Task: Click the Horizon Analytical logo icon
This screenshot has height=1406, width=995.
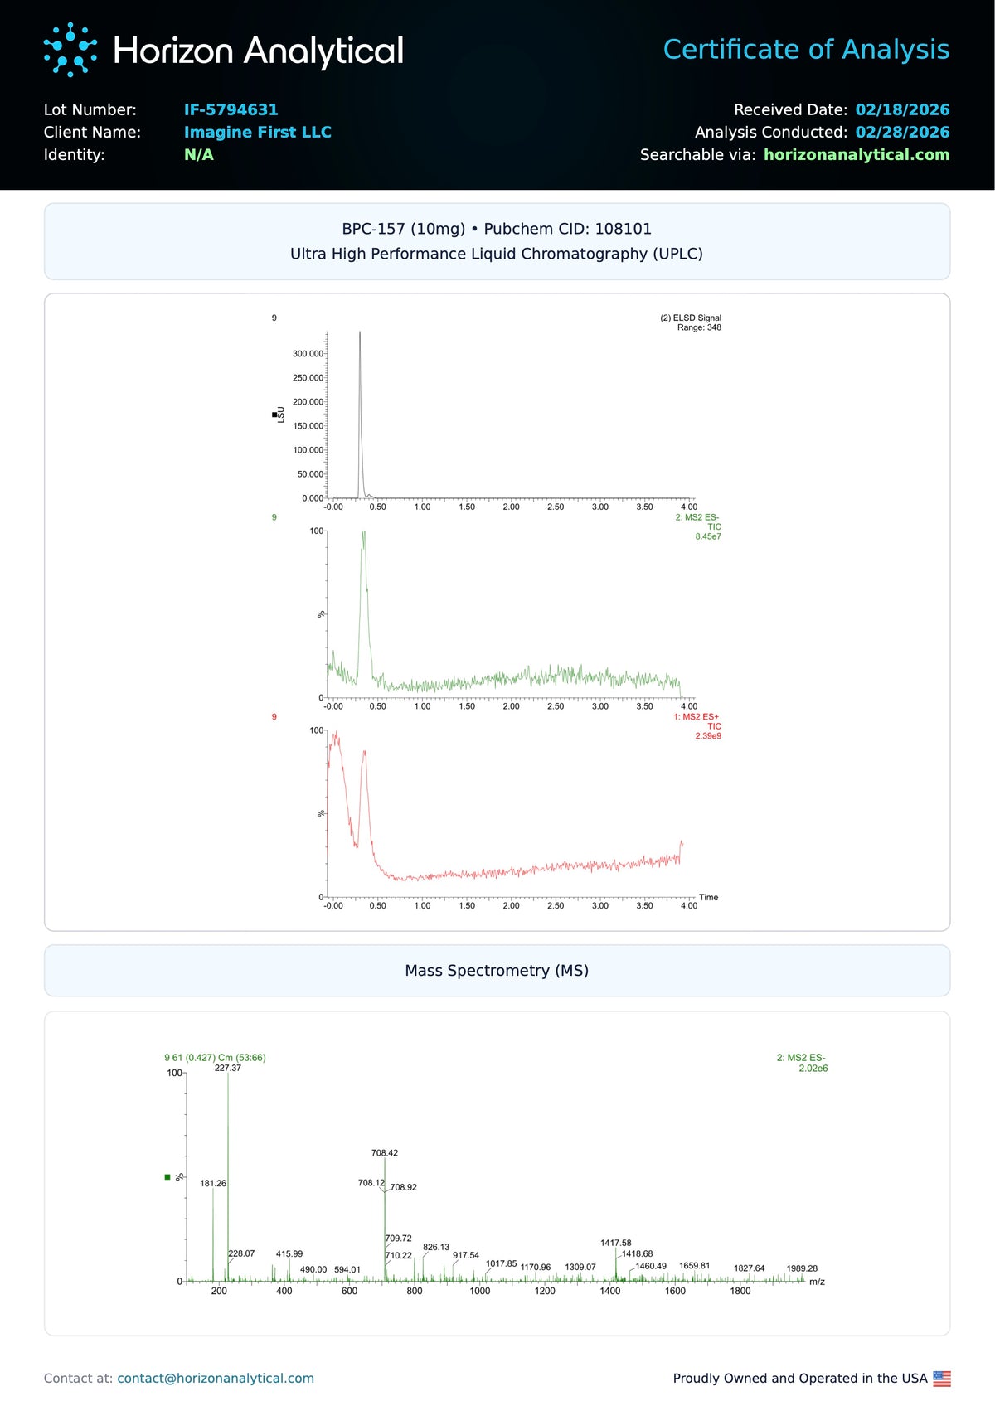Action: (x=70, y=50)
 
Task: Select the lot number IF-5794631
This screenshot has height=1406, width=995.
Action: (x=231, y=109)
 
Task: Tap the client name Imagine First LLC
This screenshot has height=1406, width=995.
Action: (x=257, y=132)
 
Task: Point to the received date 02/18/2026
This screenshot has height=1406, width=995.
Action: (x=902, y=109)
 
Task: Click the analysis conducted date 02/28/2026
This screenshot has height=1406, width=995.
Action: (x=902, y=132)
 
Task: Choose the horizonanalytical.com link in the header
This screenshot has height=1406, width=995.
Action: (x=856, y=154)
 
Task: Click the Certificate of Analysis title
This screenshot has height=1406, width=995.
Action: (x=806, y=50)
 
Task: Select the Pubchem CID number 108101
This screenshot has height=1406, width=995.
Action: (x=623, y=229)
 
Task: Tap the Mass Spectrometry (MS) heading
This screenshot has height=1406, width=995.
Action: (x=497, y=970)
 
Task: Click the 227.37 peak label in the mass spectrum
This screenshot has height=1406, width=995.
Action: (x=228, y=1068)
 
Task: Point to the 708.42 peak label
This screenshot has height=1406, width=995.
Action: (x=385, y=1153)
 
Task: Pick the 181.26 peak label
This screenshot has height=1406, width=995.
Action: (x=213, y=1183)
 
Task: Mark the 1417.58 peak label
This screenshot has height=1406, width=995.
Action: (x=615, y=1243)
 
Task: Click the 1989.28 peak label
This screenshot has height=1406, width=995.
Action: (x=802, y=1268)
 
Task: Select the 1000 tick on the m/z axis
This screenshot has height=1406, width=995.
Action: (x=480, y=1291)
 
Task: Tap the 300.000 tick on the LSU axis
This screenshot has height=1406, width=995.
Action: (x=308, y=354)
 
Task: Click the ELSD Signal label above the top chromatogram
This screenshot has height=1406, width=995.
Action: (x=691, y=318)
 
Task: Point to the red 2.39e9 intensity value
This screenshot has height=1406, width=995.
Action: (x=708, y=736)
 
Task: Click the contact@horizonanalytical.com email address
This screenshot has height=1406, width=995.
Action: (x=216, y=1378)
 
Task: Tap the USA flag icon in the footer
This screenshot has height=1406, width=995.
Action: (x=942, y=1378)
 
